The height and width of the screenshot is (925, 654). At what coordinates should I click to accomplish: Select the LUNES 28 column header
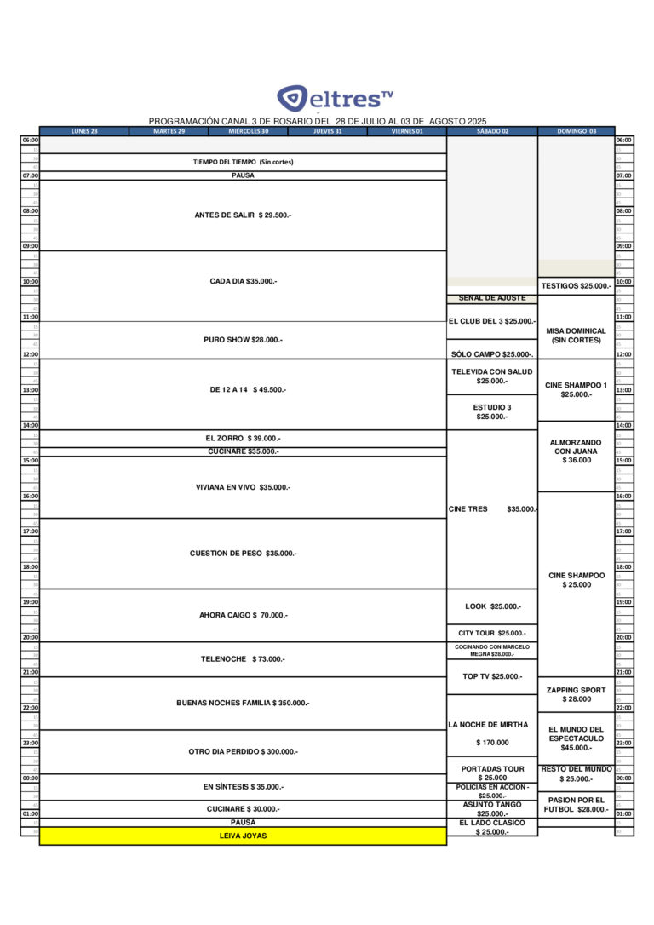[84, 131]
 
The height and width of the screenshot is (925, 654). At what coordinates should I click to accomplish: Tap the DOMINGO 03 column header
[577, 131]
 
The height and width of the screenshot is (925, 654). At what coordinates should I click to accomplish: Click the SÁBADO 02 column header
[492, 131]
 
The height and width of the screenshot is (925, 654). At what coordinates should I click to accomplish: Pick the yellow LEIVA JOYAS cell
[243, 836]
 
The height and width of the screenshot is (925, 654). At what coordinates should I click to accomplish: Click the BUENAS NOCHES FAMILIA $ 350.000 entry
[243, 703]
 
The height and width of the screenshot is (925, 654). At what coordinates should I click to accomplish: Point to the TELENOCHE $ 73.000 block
[243, 658]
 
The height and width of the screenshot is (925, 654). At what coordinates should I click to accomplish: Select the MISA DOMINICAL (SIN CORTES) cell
[577, 336]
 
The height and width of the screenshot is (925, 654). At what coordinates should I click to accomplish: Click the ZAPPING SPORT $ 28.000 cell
[577, 694]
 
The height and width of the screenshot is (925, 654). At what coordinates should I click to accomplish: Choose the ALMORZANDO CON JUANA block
[577, 451]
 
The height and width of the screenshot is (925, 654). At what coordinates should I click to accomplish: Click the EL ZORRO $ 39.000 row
[243, 438]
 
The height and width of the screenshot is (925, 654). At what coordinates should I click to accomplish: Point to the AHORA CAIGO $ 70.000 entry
[243, 615]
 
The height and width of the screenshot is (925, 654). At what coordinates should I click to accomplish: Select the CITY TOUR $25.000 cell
[492, 633]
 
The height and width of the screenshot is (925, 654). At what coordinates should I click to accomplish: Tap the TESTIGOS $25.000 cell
[577, 286]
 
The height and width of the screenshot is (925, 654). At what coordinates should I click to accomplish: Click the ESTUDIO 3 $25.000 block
[492, 412]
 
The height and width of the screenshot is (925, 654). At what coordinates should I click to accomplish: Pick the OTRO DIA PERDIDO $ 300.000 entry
[243, 751]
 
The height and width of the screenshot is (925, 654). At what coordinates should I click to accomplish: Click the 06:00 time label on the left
[30, 140]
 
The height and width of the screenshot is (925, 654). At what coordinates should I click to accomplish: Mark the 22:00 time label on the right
[623, 708]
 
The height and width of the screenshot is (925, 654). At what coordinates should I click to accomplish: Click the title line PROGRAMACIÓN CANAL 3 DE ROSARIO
[318, 122]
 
